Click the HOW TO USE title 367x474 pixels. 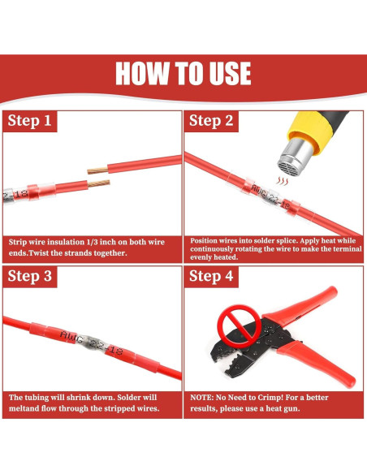tap(183, 73)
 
